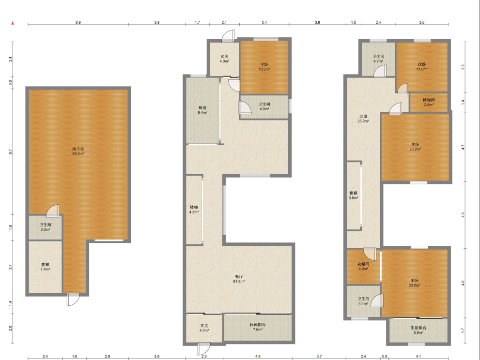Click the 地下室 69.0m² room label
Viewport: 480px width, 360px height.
point(78,151)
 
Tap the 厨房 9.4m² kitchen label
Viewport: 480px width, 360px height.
point(202,110)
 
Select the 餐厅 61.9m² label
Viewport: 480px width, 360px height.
point(239,278)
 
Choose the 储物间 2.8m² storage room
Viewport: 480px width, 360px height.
point(428,102)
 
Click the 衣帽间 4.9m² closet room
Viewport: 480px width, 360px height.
point(363,266)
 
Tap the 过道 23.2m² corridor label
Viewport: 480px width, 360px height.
point(363,119)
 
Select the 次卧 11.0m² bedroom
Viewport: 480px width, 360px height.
point(422,66)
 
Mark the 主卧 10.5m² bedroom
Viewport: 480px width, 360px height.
point(264,66)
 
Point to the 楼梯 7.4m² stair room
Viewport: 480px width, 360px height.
point(45,267)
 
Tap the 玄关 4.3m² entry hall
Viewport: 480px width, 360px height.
point(204,328)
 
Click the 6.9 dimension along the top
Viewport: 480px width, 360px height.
point(78,23)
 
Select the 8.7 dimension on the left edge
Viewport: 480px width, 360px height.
point(10,151)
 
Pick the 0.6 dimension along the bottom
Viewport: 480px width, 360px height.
point(385,357)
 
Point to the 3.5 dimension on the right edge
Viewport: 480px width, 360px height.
point(463,67)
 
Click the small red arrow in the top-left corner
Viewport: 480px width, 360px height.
point(13,23)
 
